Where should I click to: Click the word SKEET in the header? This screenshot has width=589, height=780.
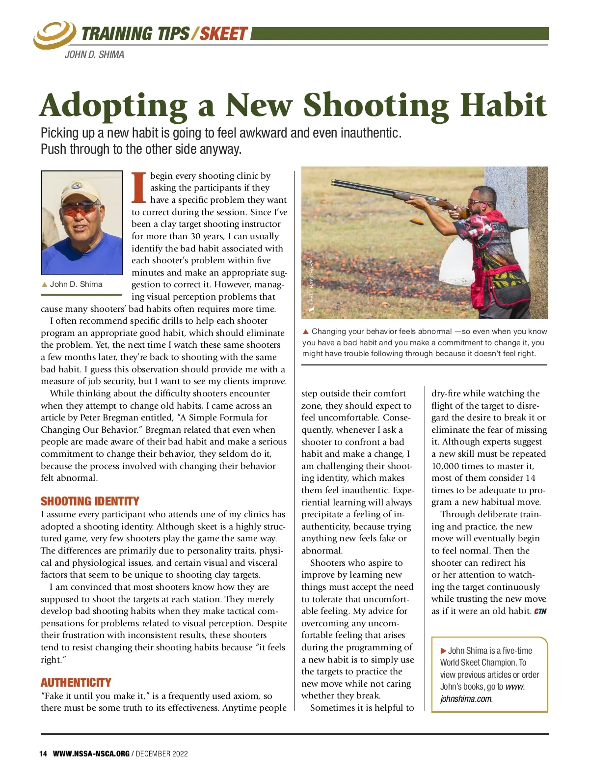click(223, 33)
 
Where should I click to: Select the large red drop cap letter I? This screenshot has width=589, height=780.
click(139, 187)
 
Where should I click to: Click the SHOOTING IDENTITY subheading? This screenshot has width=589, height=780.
click(90, 501)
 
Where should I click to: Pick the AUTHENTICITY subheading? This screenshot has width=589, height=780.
click(76, 682)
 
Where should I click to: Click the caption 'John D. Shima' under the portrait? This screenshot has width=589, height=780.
click(76, 284)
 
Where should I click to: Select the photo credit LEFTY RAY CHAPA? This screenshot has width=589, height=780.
click(311, 285)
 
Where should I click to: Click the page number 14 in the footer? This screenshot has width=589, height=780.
click(43, 753)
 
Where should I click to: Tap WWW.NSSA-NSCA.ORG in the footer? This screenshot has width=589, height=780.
click(91, 753)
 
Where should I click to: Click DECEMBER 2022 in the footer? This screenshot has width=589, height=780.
click(162, 753)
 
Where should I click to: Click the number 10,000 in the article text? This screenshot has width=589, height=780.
click(448, 466)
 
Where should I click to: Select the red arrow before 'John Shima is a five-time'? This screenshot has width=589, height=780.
click(444, 651)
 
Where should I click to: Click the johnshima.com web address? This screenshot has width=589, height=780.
click(466, 698)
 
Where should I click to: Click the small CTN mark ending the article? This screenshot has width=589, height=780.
click(540, 612)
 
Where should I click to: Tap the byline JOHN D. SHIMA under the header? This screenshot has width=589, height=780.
click(94, 55)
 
